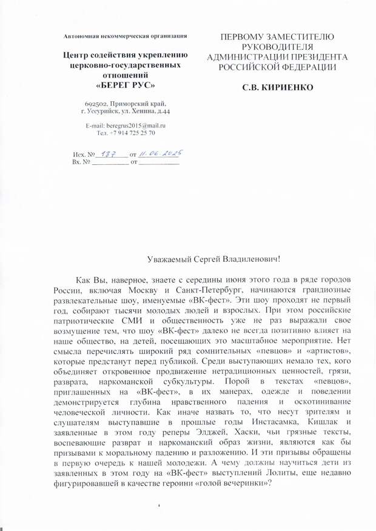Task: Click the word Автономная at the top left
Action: [x=82, y=36]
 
